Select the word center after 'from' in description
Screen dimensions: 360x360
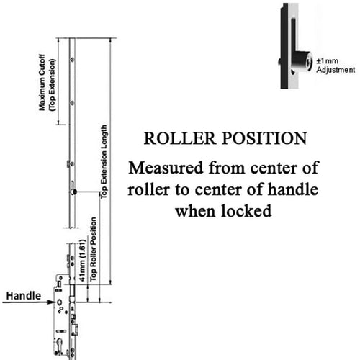[x=271, y=168]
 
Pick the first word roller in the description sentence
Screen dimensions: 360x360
[x=151, y=190]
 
